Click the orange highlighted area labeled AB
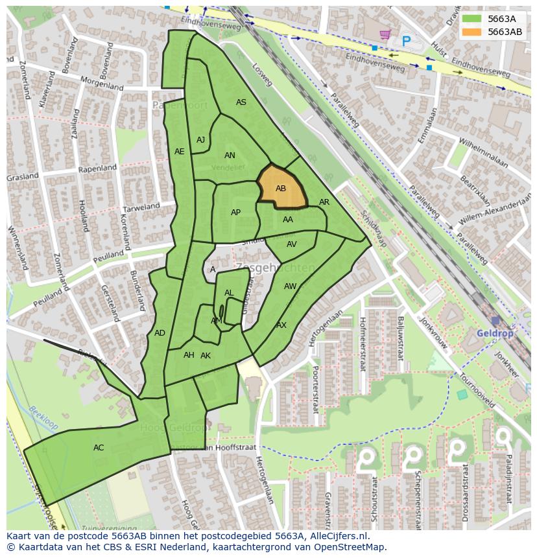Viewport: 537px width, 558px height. [282, 187]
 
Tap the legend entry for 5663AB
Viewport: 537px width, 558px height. [505, 32]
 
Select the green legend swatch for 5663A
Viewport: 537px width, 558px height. [471, 19]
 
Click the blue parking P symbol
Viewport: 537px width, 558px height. [406, 41]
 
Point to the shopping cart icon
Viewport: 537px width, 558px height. [385, 34]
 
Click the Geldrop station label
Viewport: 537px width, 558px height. [494, 333]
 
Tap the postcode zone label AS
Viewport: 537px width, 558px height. [241, 102]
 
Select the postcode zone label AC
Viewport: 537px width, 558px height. [99, 448]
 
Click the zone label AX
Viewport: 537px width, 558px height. [281, 325]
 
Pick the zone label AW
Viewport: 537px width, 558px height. [290, 286]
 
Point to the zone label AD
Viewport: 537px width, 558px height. [160, 333]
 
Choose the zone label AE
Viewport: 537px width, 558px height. [180, 152]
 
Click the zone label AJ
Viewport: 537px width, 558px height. [200, 140]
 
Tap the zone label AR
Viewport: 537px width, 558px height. [324, 202]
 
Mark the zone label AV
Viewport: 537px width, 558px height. [291, 244]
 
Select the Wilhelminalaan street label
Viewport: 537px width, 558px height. [483, 152]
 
